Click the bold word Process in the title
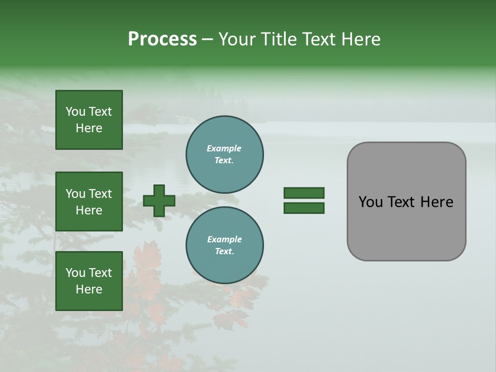[162, 39]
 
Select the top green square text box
[89, 120]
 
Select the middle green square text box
[89, 202]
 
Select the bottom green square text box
[89, 281]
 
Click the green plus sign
[159, 200]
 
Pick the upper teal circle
[225, 154]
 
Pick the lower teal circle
[225, 245]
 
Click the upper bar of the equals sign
[304, 193]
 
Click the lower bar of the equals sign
[304, 208]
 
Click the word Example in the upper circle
[224, 149]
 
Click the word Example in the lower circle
[224, 240]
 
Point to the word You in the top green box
[75, 112]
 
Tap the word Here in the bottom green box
[89, 289]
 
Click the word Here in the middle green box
[89, 210]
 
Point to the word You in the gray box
[370, 202]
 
